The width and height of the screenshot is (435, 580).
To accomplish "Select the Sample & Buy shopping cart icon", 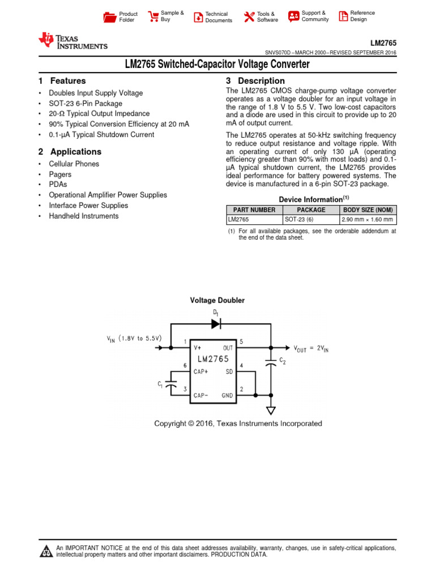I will pyautogui.click(x=153, y=16).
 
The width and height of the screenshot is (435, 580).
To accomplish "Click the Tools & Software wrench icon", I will pyautogui.click(x=249, y=17).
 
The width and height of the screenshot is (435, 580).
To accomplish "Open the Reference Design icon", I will pyautogui.click(x=343, y=16).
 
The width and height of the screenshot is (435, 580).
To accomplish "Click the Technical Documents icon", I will pyautogui.click(x=198, y=17).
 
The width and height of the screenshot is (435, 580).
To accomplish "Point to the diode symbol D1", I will pyautogui.click(x=216, y=324).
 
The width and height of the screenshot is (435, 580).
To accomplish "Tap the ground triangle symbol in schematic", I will pyautogui.click(x=271, y=411).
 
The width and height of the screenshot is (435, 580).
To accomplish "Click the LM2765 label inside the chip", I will pyautogui.click(x=213, y=359).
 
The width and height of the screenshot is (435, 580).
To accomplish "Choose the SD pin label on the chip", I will pyautogui.click(x=229, y=372).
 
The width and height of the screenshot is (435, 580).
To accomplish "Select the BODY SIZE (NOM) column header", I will pyautogui.click(x=368, y=210).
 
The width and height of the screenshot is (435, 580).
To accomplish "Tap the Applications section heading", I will pyautogui.click(x=76, y=152).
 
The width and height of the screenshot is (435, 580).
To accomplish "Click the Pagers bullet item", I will pyautogui.click(x=60, y=174).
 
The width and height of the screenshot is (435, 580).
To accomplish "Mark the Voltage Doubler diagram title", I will pyautogui.click(x=217, y=300).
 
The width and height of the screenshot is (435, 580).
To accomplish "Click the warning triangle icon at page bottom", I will pyautogui.click(x=45, y=551).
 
